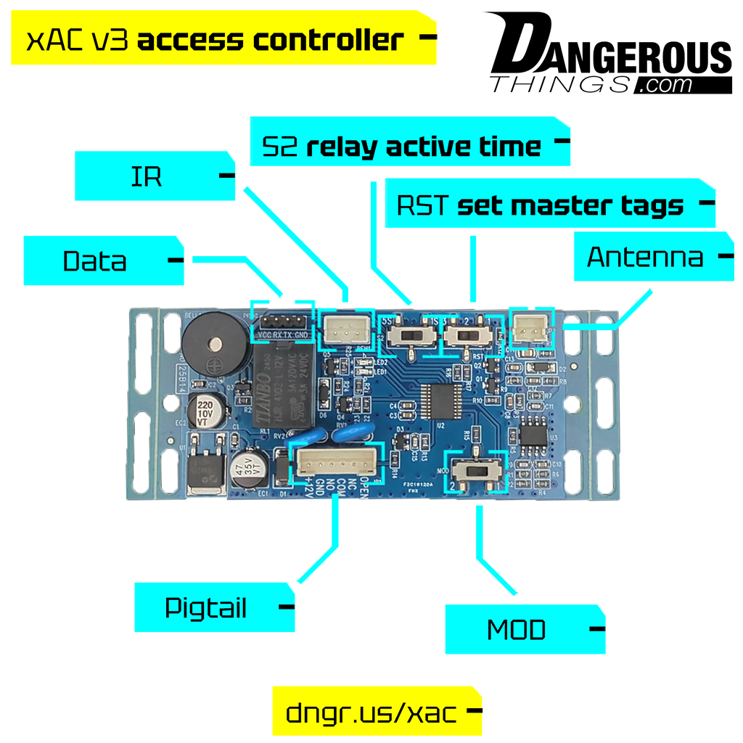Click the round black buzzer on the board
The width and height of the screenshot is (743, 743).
pyautogui.click(x=210, y=345)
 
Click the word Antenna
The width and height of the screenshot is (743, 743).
pyautogui.click(x=645, y=258)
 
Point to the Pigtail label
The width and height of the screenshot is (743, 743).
pyautogui.click(x=206, y=608)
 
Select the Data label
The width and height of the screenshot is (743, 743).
pyautogui.click(x=95, y=261)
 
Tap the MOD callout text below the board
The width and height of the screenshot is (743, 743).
pyautogui.click(x=516, y=631)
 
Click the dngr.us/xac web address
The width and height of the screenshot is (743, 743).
pyautogui.click(x=371, y=713)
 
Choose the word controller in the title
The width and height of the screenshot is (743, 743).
pyautogui.click(x=327, y=41)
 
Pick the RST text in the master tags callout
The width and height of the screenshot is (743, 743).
pyautogui.click(x=424, y=206)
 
